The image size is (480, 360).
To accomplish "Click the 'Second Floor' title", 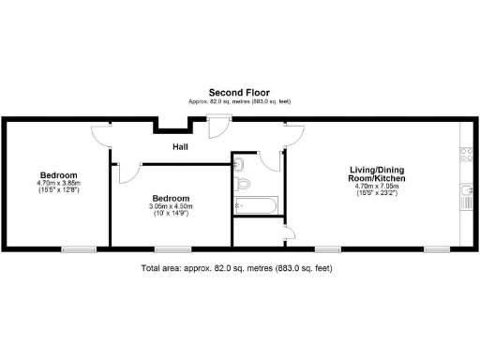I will point(239,93).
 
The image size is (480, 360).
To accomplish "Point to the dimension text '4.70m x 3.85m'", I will point(58,183).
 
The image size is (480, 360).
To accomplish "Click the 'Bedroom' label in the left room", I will point(58,174).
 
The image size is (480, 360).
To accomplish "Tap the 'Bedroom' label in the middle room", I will point(172,198).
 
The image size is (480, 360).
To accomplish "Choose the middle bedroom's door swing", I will point(128,171).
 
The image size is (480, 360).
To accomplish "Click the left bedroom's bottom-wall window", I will point(78,249).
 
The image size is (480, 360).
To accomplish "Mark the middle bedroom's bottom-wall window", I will point(170,249).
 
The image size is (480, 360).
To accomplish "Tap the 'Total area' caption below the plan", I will point(235,268).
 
